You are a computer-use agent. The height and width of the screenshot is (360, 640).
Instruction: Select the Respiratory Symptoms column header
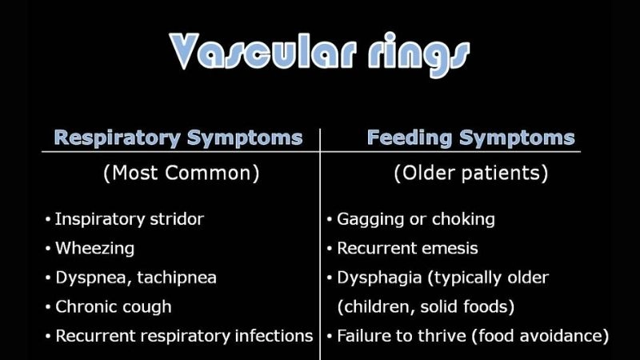point(178,138)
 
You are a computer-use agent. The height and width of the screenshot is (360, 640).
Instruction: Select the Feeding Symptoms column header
point(470,138)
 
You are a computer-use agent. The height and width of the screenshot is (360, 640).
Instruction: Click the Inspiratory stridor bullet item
point(129,219)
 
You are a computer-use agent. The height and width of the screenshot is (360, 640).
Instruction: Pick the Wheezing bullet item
point(94,248)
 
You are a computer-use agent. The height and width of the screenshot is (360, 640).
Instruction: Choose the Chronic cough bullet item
point(113,306)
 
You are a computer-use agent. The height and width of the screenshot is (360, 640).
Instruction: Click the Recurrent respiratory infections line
point(183,336)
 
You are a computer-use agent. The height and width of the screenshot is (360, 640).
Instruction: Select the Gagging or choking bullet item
point(415,219)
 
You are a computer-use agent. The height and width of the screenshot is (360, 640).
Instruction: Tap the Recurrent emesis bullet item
point(407,248)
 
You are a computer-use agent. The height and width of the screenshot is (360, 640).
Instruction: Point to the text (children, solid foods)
point(426,306)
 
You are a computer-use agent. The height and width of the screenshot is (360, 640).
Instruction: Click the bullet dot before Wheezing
point(48,249)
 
